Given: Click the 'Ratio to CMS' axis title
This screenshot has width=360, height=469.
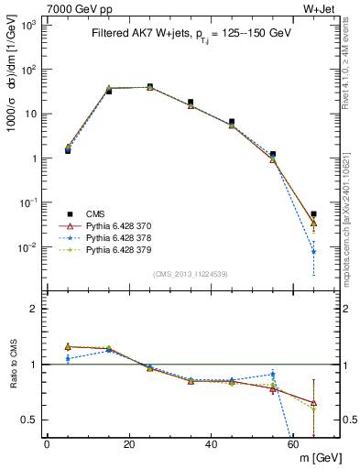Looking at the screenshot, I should point(13,365).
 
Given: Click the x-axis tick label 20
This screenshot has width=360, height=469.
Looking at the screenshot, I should point(129,444).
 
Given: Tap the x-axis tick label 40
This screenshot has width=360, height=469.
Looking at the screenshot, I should point(212,444).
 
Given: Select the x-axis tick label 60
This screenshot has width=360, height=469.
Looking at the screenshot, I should point(293,444).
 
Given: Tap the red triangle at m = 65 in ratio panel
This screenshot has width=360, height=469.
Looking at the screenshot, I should point(314,403).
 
